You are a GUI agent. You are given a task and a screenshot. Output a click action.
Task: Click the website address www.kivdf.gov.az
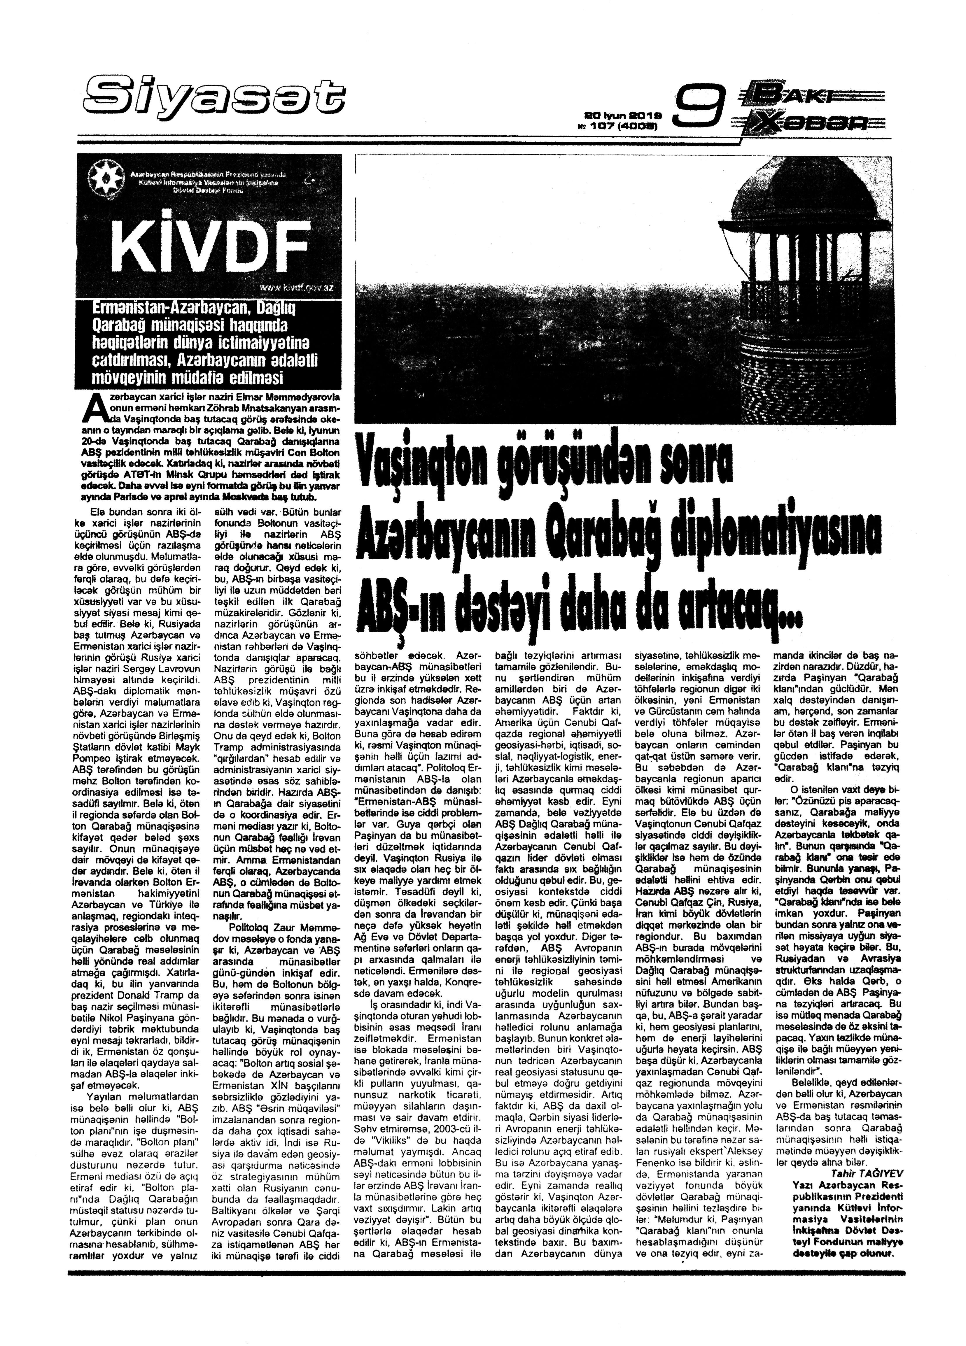pos(297,287)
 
